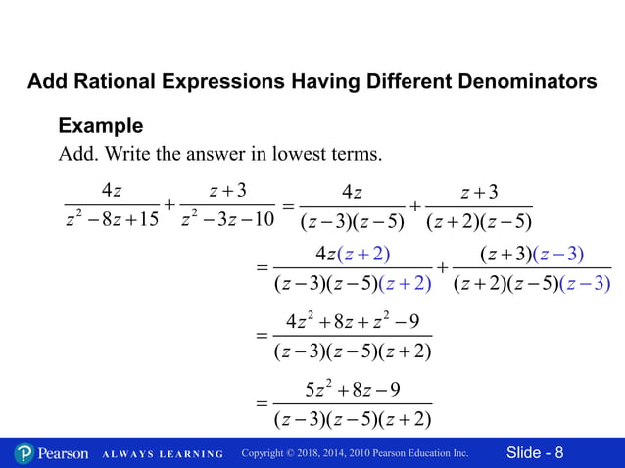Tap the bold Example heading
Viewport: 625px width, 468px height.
101,126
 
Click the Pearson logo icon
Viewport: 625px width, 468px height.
24,453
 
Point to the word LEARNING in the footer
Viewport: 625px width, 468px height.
192,454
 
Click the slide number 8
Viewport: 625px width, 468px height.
558,452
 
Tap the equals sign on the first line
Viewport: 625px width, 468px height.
288,206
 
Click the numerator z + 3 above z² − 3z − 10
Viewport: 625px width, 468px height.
227,189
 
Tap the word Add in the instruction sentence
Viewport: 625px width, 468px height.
76,155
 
